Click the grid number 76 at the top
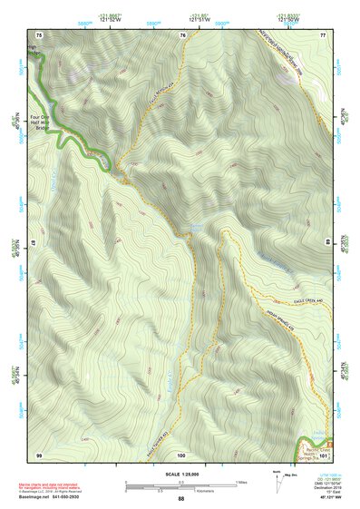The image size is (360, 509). (x=183, y=34)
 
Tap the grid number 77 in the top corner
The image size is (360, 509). (x=322, y=34)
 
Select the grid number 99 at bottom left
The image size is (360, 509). (x=39, y=453)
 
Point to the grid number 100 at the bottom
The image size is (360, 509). (x=181, y=453)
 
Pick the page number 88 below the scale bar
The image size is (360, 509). (x=180, y=499)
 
